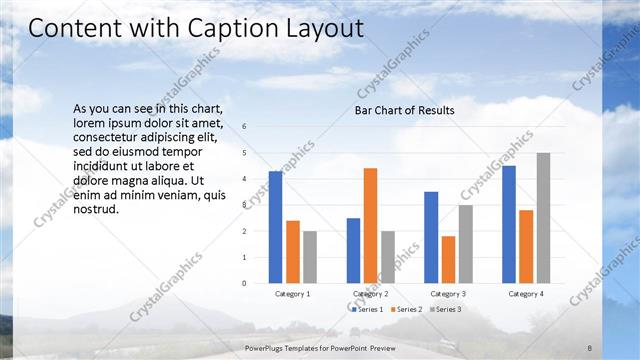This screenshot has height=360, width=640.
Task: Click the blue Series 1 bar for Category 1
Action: pos(275,227)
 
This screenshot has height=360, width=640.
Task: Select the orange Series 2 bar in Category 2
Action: pos(370,225)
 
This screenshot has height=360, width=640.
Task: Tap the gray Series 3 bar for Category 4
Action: pos(543,218)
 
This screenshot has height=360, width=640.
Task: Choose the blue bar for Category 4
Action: pos(509,224)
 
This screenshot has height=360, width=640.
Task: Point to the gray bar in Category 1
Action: pos(310,257)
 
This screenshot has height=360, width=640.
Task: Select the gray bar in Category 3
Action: pos(465,244)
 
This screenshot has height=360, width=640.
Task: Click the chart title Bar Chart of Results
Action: pos(405,110)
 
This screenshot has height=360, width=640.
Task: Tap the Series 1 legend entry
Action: pos(367,310)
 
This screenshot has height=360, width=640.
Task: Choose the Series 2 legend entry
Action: pos(405,310)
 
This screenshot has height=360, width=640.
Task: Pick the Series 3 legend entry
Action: pos(444,310)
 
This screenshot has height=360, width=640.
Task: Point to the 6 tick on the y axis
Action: pos(245,127)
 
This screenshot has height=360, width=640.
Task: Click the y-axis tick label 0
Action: pos(245,283)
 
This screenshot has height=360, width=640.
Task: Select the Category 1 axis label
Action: pos(292,294)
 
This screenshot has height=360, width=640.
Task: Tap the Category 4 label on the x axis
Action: pos(526,294)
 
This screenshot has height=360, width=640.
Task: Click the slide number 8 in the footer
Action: pos(590,346)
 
